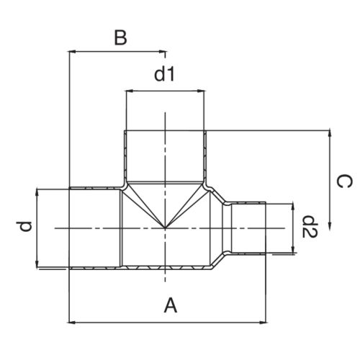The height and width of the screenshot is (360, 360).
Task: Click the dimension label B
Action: click(120, 38)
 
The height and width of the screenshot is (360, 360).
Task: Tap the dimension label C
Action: click(345, 181)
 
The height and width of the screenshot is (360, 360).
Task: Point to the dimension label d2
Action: click(310, 227)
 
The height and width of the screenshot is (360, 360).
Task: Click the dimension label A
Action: click(171, 305)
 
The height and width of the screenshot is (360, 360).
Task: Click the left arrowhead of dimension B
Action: click(72, 51)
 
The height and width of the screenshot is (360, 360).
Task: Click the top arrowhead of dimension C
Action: click(330, 134)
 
